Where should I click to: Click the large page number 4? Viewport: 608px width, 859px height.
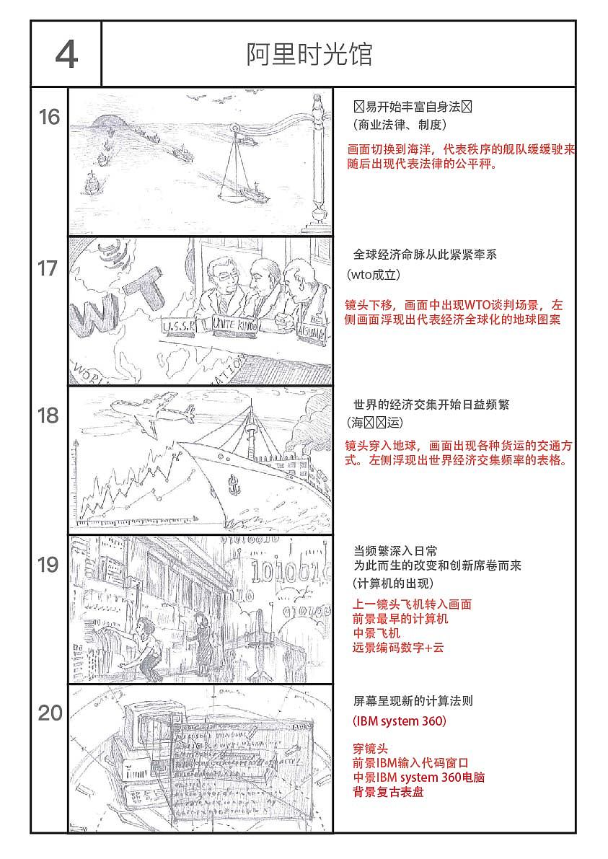coord(66,55)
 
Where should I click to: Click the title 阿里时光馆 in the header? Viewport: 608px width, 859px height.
coord(309,55)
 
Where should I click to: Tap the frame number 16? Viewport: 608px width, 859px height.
coord(49,118)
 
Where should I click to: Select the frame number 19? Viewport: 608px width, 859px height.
coord(48,565)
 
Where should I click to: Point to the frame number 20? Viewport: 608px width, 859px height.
coord(50,713)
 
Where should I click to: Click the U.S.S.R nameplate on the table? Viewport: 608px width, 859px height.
coord(180,327)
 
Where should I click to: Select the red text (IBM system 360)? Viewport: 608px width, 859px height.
coord(400,721)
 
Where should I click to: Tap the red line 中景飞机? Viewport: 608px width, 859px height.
coord(376,633)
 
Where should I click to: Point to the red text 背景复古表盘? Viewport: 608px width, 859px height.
coord(388,792)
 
